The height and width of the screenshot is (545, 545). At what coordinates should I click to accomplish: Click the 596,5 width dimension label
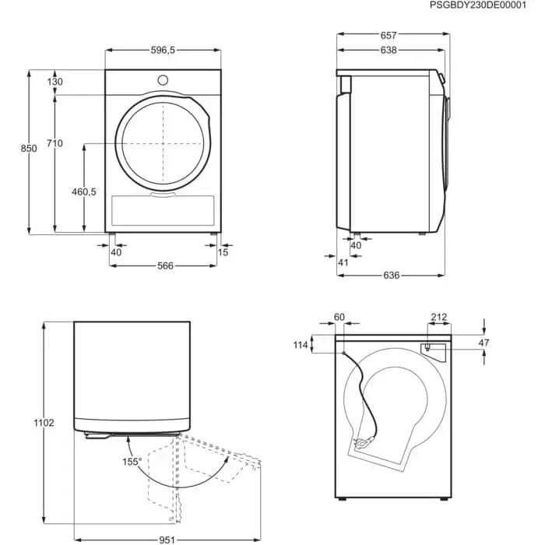(163, 51)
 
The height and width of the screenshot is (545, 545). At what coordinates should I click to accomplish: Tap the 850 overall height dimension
(29, 149)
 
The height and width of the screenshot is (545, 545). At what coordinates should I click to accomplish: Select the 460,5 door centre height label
(84, 192)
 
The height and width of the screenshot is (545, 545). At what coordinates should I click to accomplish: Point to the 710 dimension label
(54, 143)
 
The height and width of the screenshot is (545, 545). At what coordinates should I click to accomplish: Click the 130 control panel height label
(55, 82)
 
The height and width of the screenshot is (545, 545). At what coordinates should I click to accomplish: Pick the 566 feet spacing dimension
(165, 266)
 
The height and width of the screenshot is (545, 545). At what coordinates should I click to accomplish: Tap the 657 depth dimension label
(389, 36)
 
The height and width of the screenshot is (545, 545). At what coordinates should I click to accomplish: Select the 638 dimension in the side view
(389, 51)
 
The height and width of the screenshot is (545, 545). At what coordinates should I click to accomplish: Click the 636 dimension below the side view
(392, 276)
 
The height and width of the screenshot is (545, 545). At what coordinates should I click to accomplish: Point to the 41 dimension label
(343, 262)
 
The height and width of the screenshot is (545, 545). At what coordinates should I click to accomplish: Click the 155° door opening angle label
(132, 462)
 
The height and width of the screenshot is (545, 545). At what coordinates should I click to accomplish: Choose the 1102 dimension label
(44, 423)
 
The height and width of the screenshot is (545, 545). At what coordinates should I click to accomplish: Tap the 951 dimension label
(167, 540)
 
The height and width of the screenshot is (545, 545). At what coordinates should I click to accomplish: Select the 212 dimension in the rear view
(439, 317)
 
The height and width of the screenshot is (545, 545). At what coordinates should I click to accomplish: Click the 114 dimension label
(301, 345)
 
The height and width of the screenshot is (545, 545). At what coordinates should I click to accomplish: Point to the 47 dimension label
(483, 343)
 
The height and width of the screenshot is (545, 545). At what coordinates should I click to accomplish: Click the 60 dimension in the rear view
(339, 317)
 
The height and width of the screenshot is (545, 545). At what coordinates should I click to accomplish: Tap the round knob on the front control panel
(163, 80)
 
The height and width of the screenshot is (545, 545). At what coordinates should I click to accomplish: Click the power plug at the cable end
(363, 443)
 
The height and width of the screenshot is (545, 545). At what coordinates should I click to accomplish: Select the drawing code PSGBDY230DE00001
(478, 5)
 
